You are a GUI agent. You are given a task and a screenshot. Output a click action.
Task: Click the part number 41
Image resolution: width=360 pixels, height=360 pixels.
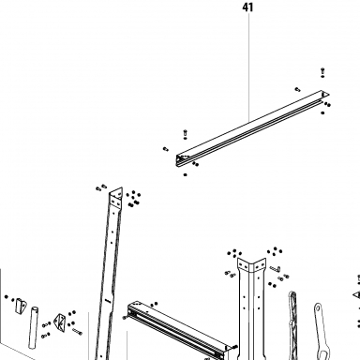pyautogui.click(x=247, y=7)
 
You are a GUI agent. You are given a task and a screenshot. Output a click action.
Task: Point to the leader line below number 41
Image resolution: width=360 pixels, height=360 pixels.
pyautogui.click(x=249, y=67)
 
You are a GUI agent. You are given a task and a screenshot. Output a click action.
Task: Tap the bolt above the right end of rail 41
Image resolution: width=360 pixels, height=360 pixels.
pyautogui.click(x=322, y=71)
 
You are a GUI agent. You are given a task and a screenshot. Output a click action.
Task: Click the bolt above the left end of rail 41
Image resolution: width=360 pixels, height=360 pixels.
pyautogui.click(x=185, y=133)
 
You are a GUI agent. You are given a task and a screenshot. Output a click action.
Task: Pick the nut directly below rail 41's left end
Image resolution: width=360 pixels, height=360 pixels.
pyautogui.click(x=186, y=174)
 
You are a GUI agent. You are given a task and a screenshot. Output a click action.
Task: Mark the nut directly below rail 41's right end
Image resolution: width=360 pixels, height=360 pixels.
pyautogui.click(x=322, y=112)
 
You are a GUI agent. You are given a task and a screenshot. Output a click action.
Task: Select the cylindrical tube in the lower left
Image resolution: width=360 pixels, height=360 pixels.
pyautogui.click(x=33, y=327)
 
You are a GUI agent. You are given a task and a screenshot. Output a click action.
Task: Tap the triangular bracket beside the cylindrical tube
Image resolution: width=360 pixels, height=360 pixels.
pyautogui.click(x=60, y=321)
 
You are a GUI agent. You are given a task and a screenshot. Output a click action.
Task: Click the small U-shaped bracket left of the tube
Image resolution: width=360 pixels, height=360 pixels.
pyautogui.click(x=21, y=306)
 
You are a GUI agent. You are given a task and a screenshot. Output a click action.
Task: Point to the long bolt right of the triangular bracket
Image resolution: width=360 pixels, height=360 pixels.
pyautogui.click(x=77, y=331)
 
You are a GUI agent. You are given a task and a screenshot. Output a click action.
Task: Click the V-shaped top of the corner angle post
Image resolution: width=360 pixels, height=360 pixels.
pyautogui.click(x=251, y=265)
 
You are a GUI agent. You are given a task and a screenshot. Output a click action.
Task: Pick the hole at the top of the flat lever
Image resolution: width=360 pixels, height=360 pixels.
pyautogui.click(x=318, y=308)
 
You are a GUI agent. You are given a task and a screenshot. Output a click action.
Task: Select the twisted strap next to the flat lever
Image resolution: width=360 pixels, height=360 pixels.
pyautogui.click(x=293, y=325)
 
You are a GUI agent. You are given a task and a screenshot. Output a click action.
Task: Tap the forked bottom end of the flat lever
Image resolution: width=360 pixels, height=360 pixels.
pyautogui.click(x=322, y=353)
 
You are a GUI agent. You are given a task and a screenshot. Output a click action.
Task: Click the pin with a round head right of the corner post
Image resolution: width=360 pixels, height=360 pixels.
pyautogui.click(x=275, y=268)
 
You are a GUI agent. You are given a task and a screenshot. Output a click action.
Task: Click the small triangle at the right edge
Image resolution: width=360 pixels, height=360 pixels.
pyautogui.click(x=357, y=294)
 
